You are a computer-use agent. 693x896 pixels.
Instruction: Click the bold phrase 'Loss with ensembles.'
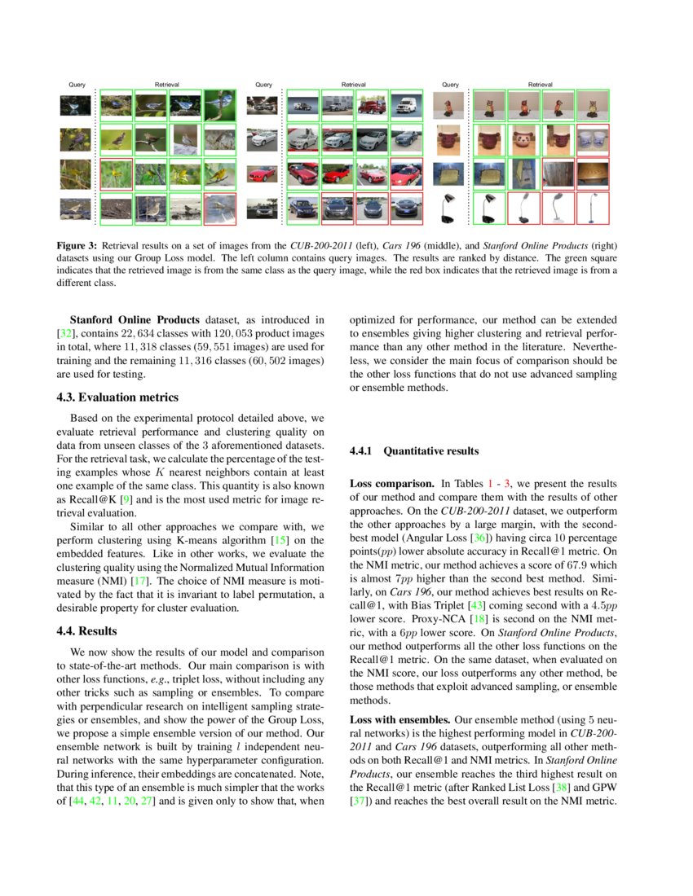[400, 720]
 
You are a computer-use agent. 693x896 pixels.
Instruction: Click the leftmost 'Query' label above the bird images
[77, 85]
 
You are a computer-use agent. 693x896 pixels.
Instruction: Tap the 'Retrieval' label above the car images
[353, 85]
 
